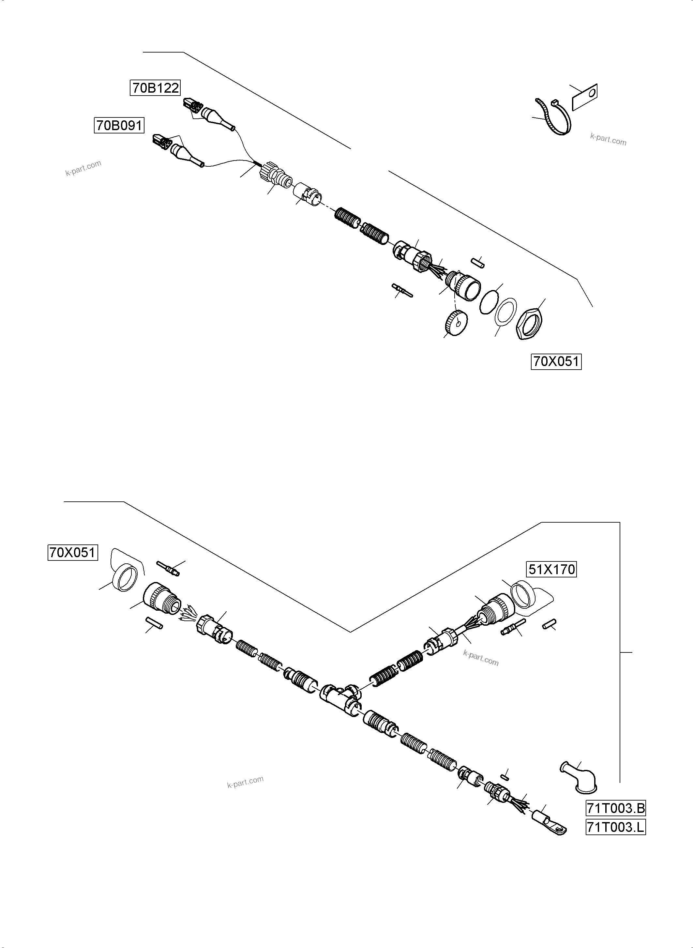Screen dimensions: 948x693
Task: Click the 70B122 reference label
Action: tap(155, 88)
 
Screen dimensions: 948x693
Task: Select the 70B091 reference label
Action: tap(119, 126)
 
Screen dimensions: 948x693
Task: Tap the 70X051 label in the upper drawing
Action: tap(556, 361)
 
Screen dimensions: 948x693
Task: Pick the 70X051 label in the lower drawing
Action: tap(73, 553)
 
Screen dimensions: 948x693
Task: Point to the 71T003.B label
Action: tap(615, 808)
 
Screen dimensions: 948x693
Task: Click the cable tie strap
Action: tap(554, 117)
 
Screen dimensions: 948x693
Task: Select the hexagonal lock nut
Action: tap(529, 324)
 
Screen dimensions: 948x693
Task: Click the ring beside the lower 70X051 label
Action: tap(126, 577)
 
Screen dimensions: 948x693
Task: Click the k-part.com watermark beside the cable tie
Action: tap(608, 139)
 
